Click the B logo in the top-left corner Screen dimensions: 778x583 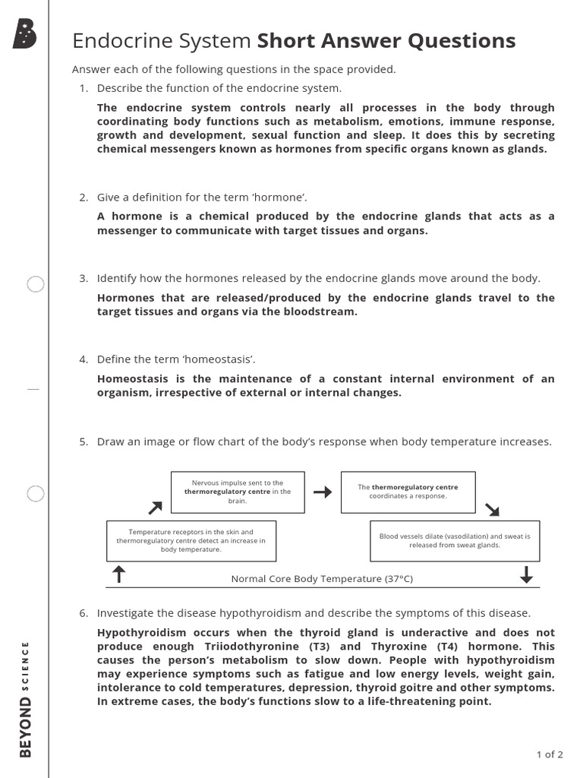[x=24, y=33]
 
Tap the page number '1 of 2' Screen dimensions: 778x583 [x=550, y=754]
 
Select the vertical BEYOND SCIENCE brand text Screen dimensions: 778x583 [x=26, y=699]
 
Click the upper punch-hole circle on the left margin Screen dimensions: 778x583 [x=36, y=285]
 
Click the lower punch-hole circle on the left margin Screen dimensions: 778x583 [x=36, y=494]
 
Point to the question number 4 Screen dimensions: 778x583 [x=84, y=359]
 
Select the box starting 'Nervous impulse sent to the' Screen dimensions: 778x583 [x=237, y=492]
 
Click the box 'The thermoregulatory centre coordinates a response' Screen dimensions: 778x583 [x=408, y=492]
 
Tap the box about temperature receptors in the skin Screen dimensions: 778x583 [x=191, y=540]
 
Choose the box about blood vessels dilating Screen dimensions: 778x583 [x=454, y=540]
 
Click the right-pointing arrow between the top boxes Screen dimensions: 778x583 [x=323, y=492]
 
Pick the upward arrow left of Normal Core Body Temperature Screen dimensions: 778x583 [x=118, y=575]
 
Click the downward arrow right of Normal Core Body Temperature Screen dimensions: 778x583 [x=526, y=575]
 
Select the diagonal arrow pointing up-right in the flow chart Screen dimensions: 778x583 [x=155, y=507]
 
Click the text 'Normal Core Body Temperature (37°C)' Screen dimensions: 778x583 [x=322, y=579]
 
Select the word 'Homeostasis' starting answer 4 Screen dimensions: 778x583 [x=132, y=378]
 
